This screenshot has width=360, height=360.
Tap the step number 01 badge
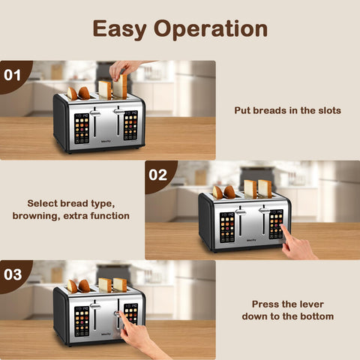[13, 75]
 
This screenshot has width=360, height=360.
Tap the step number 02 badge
[157, 175]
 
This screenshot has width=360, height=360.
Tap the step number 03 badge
[13, 274]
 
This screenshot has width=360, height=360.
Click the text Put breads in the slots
[287, 110]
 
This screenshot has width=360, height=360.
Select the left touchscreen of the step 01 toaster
[82, 127]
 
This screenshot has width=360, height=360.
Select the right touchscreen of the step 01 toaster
[130, 125]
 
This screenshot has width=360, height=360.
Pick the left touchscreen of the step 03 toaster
[82, 320]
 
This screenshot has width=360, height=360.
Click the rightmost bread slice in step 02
[265, 188]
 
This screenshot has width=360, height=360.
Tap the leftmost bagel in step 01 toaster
[72, 93]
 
